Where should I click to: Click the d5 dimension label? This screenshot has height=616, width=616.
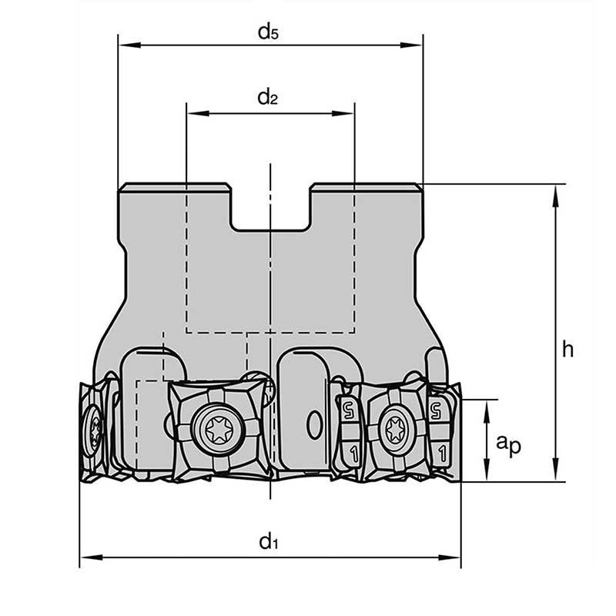click(x=268, y=32)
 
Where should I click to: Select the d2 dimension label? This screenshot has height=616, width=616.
click(x=267, y=97)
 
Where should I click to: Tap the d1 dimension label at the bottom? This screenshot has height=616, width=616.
click(x=267, y=541)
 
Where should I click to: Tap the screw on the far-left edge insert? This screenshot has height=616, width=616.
click(x=93, y=428)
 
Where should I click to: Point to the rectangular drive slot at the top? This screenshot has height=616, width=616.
click(x=270, y=208)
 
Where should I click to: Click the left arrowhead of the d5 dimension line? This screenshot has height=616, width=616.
click(x=124, y=45)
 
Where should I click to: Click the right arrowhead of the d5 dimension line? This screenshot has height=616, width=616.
click(x=417, y=45)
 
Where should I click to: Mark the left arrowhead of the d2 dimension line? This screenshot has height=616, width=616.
click(x=193, y=113)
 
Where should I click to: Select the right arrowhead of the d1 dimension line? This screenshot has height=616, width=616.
click(x=454, y=557)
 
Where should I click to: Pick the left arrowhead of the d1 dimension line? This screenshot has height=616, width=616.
click(x=86, y=557)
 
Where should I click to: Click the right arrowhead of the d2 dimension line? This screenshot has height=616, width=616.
click(x=347, y=113)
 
